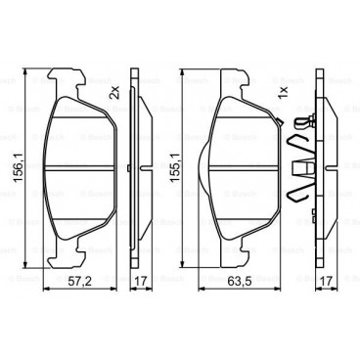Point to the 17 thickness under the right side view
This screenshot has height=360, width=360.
pyautogui.click(x=329, y=282)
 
